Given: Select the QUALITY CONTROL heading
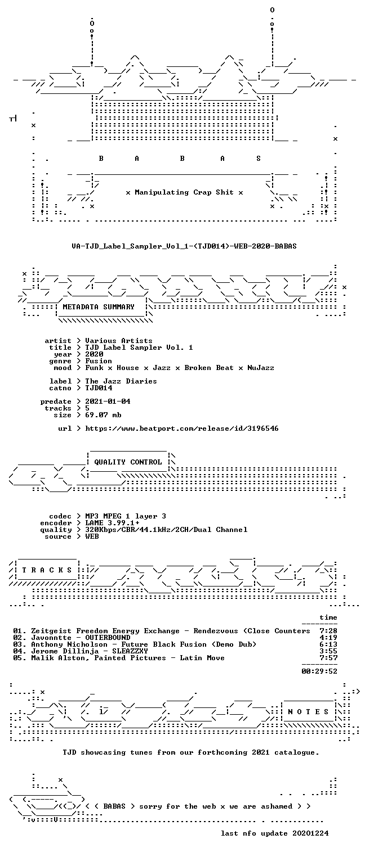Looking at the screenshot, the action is coord(128,462).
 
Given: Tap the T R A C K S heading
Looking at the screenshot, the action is coord(47,570).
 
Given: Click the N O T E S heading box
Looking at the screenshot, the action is coord(308,711).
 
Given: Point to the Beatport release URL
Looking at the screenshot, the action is coord(182,428).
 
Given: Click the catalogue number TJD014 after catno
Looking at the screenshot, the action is coord(99,388).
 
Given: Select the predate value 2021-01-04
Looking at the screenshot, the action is coord(108,402).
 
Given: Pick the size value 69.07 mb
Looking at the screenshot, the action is coord(103,415).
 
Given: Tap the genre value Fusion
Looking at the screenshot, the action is coord(99,361).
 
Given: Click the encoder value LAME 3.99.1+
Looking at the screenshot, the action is coord(112,523).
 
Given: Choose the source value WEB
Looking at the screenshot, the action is coord(92,536).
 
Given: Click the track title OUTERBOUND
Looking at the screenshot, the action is coord(108,638).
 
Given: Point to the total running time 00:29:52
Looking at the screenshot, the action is coord(319,671).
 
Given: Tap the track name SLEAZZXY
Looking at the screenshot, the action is coord(130,651).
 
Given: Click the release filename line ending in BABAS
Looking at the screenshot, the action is coord(184,246).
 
